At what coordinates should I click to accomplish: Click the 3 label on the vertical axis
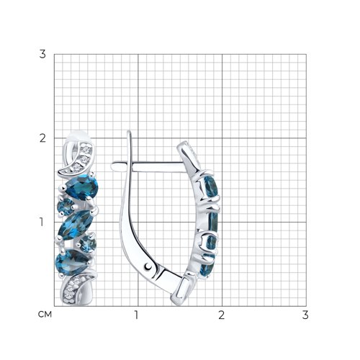coord(42,54)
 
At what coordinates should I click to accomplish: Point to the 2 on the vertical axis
coord(42,138)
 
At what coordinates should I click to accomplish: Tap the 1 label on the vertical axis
coord(42,222)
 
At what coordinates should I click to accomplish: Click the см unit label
coord(45,314)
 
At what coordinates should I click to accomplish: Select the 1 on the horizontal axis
coord(136,315)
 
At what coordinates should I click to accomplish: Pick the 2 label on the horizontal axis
coord(221,315)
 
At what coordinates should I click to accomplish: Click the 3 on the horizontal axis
coord(305,315)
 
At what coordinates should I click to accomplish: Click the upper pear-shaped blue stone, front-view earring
coord(81,187)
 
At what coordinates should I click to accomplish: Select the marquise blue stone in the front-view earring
coord(76,225)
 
